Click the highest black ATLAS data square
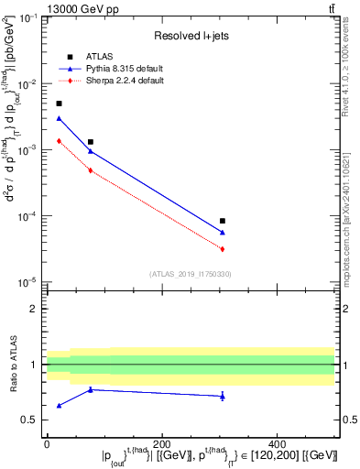[60, 104]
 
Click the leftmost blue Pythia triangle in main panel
[60, 118]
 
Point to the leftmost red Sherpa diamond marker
[60, 140]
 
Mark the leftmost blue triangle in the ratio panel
[60, 405]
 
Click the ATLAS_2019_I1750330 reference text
[190, 274]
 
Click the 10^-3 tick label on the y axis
[29, 150]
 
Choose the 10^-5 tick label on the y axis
[29, 281]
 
